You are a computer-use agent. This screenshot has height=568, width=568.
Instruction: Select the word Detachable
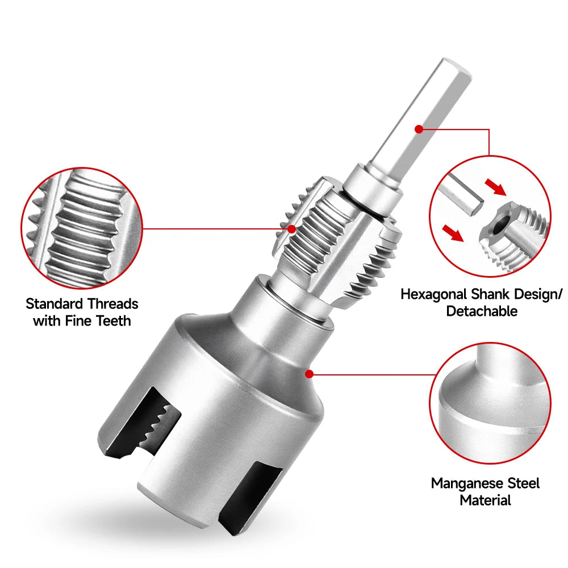point(482,311)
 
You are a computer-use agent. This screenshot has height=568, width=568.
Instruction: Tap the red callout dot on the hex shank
point(419,129)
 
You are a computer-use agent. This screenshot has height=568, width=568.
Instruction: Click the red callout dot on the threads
point(292,229)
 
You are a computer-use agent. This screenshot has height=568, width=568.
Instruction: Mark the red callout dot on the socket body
point(309,373)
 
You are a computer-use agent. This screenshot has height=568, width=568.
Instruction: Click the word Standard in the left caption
point(54,303)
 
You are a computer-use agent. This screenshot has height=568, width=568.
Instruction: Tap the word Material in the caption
point(485,500)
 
